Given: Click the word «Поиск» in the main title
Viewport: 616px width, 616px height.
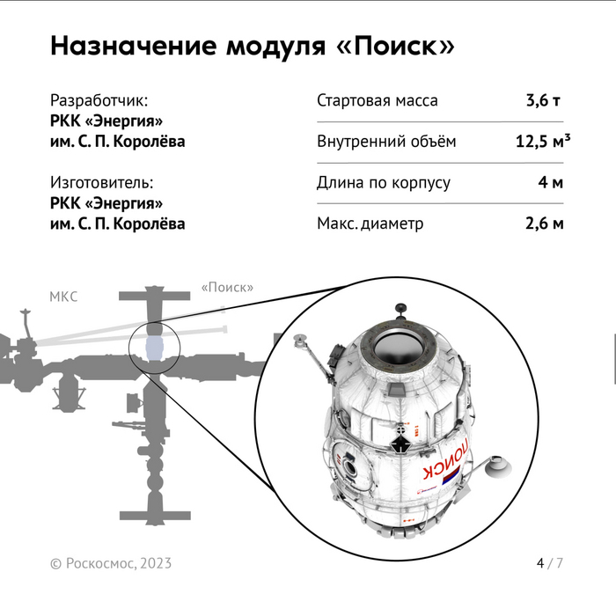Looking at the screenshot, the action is pos(396,46).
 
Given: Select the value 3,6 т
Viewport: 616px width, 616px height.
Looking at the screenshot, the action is pos(543,100).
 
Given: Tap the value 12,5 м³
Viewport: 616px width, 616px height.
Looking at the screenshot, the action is pos(543,141).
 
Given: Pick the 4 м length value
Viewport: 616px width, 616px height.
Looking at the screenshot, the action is pos(551,182).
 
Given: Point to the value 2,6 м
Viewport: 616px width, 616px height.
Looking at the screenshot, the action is pos(545,224).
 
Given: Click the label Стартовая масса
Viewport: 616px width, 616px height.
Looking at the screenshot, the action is pos(378,100).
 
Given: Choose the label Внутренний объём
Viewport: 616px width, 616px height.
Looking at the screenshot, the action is pos(386,142).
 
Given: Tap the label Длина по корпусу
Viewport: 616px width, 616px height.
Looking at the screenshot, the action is pos(384,183).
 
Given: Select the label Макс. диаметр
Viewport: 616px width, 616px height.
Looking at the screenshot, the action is pos(370,224).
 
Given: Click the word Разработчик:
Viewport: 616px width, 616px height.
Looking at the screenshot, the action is pos(99,100).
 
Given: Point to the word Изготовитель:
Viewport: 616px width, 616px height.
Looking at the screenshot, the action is pos(102,183).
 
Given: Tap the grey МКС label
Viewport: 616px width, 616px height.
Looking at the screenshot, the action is pos(63,297).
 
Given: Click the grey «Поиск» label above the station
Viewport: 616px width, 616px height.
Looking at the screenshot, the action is pos(227,287).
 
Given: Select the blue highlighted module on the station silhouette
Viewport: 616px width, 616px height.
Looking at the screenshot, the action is pos(154,348).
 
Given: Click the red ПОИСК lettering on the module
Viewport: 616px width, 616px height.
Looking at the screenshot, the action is pos(446,459).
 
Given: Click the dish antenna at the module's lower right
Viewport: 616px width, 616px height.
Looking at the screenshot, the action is pos(498,466).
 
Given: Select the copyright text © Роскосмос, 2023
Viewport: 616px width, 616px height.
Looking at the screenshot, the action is pos(111,563).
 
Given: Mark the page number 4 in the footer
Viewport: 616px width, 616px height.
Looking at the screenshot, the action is pos(540,563).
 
